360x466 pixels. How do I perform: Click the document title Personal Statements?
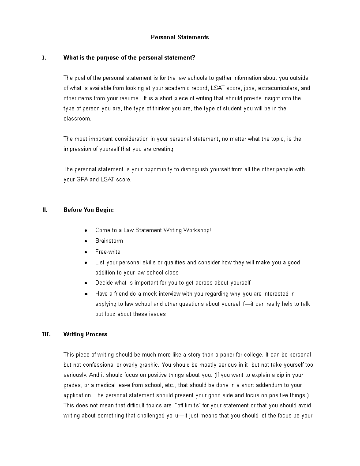point(180,38)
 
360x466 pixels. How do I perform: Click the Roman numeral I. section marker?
point(44,58)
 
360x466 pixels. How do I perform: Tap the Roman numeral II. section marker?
point(45,210)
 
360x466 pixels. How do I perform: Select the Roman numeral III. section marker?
point(46,334)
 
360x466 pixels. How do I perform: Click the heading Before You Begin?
point(89,210)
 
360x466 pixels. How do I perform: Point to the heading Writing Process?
point(85,334)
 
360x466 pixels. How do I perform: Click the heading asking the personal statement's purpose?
point(129,58)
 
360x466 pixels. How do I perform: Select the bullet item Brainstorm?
point(109,241)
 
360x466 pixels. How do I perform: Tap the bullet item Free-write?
point(108,252)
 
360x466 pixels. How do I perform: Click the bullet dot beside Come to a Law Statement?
point(86,231)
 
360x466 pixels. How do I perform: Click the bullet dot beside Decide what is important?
point(86,283)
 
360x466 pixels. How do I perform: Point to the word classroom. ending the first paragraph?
point(78,119)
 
